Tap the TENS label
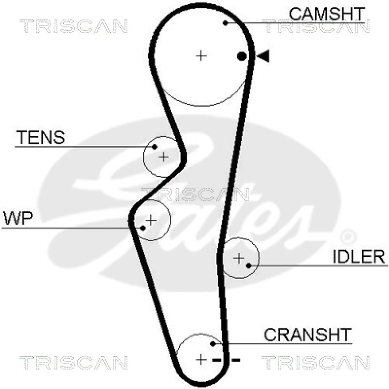click(40, 138)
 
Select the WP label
click(18, 219)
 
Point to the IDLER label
click(359, 256)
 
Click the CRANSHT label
click(307, 335)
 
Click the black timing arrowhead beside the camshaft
click(263, 56)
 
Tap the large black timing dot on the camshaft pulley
click(242, 56)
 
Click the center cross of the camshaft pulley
click(201, 56)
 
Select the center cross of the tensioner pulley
click(164, 157)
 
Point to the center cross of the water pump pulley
click(151, 220)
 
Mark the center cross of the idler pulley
click(238, 258)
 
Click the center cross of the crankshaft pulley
click(201, 359)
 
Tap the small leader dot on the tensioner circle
click(155, 146)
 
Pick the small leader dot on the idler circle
click(248, 265)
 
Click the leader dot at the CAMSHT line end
click(225, 22)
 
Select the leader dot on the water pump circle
click(143, 228)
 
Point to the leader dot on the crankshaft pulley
click(213, 344)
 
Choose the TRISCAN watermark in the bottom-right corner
click(316, 362)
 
